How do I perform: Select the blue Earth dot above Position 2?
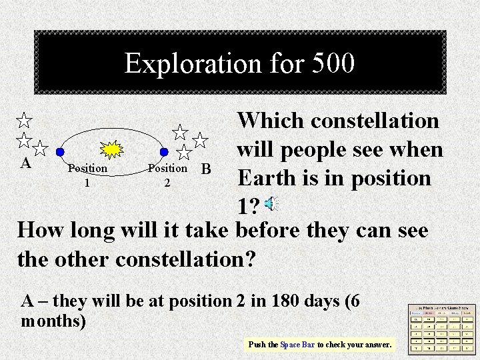click(164, 152)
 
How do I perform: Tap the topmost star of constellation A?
click(24, 121)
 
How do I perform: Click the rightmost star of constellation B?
click(200, 140)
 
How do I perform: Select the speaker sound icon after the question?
click(271, 205)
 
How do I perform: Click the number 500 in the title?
click(331, 64)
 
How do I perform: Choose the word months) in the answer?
click(53, 321)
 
